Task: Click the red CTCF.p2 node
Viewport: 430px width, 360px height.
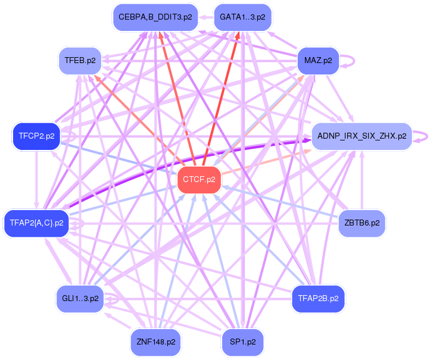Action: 200,179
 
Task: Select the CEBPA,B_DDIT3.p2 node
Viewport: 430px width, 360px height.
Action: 155,17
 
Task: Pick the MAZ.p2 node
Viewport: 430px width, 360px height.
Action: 318,60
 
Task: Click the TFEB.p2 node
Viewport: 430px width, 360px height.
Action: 80,60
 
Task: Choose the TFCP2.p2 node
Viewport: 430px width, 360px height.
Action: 36,136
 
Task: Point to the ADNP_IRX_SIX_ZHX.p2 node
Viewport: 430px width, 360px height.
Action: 362,136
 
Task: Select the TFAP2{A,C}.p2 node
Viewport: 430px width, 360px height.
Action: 36,223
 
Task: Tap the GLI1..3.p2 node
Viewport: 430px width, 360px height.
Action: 80,298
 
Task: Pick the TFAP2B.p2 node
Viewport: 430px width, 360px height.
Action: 318,298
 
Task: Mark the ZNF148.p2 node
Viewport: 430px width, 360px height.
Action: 155,342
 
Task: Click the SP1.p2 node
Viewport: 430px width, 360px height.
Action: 242,342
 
